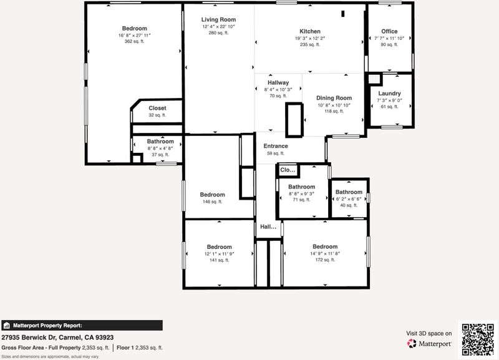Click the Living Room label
coord(219,20)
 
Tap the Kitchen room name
coord(310,31)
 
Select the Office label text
coord(389,31)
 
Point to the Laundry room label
coord(389,93)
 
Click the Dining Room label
coord(334,98)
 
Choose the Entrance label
coord(276,146)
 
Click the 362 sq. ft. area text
coord(134,41)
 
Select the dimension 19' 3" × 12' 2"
coord(310,38)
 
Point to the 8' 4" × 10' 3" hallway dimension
coord(278,89)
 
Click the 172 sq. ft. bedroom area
coord(325,260)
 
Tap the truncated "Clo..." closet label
coord(288,170)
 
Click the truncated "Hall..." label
coord(268,226)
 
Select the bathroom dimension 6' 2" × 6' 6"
coord(349,199)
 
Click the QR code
coord(478,339)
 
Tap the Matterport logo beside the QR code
coord(429,344)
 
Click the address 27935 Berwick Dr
coord(29,338)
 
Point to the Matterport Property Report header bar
coord(82,325)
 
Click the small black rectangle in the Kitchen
coord(342,14)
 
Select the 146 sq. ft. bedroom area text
coord(212,202)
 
